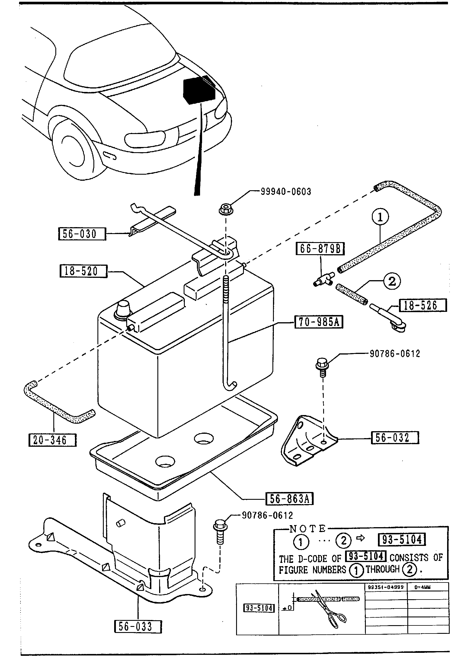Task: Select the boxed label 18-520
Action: (x=83, y=271)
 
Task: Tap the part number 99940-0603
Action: (x=286, y=192)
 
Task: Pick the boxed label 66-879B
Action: (x=320, y=248)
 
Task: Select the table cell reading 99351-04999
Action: (x=386, y=587)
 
